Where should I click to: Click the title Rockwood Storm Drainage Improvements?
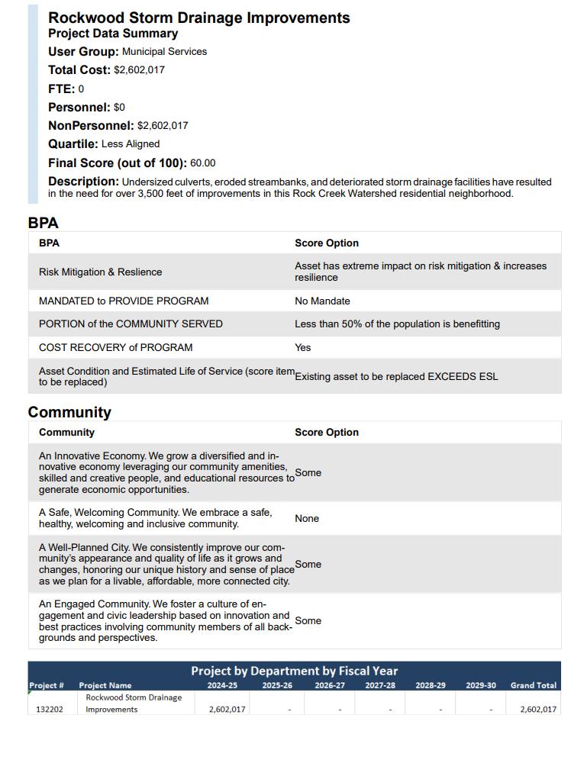point(198,18)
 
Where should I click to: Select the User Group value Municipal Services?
point(164,52)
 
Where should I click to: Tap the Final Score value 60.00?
point(203,163)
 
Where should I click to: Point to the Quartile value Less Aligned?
point(131,144)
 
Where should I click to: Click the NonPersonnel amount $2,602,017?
point(163,126)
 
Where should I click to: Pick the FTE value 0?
point(81,89)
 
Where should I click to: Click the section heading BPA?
point(43,224)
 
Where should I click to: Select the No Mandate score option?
point(322,301)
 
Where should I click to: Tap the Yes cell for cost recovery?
point(303,348)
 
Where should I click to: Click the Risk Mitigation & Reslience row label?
point(100,272)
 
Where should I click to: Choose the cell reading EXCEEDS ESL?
point(396,377)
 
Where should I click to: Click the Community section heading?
point(69,413)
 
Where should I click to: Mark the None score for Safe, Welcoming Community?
point(307,519)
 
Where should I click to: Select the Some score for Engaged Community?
point(308,621)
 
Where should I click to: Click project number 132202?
point(50,710)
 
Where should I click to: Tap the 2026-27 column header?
point(330,686)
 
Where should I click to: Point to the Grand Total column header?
point(534,686)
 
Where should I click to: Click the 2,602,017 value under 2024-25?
point(227,710)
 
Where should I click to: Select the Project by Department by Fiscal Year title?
point(294,671)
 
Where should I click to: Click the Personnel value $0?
point(119,108)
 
